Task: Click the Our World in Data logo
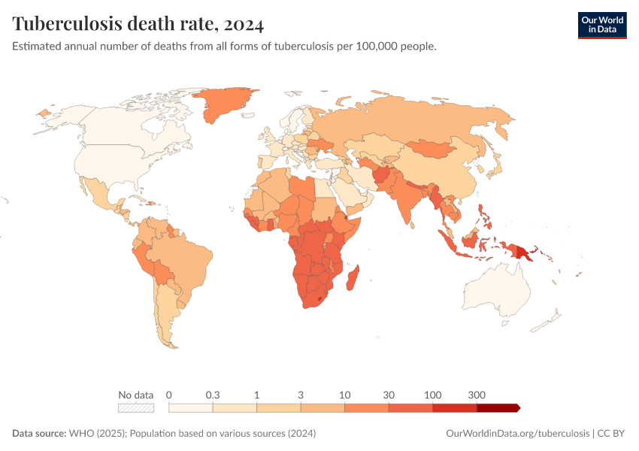point(601,25)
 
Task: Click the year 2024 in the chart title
point(242,24)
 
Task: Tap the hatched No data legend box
point(136,407)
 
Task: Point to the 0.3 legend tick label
point(213,395)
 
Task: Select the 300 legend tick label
point(477,395)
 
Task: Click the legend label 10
point(345,395)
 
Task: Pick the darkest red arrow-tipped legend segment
point(498,407)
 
